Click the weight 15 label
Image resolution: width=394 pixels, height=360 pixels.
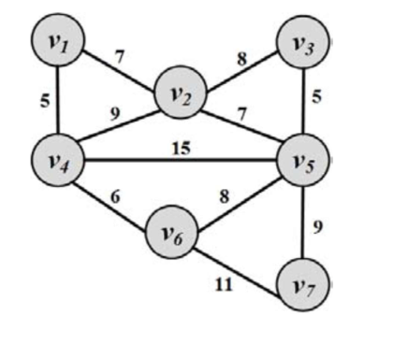182,146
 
